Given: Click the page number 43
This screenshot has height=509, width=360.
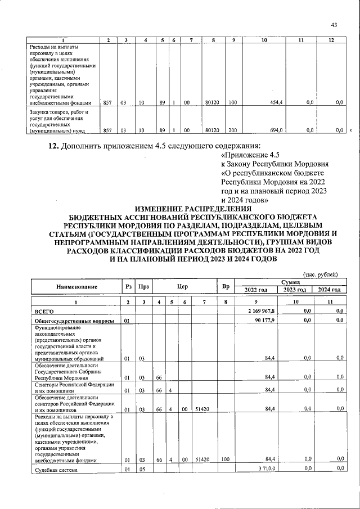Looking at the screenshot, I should (334, 25).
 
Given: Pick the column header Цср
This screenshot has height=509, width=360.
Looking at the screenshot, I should (182, 287).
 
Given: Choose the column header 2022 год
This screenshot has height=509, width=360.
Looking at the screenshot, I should (256, 290).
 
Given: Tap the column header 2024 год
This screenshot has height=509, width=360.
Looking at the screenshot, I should (330, 290).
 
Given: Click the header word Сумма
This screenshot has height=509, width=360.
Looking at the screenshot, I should (291, 283).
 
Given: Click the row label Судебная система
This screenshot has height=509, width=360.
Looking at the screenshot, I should (55, 469).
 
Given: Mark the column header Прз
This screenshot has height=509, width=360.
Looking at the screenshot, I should (144, 287).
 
